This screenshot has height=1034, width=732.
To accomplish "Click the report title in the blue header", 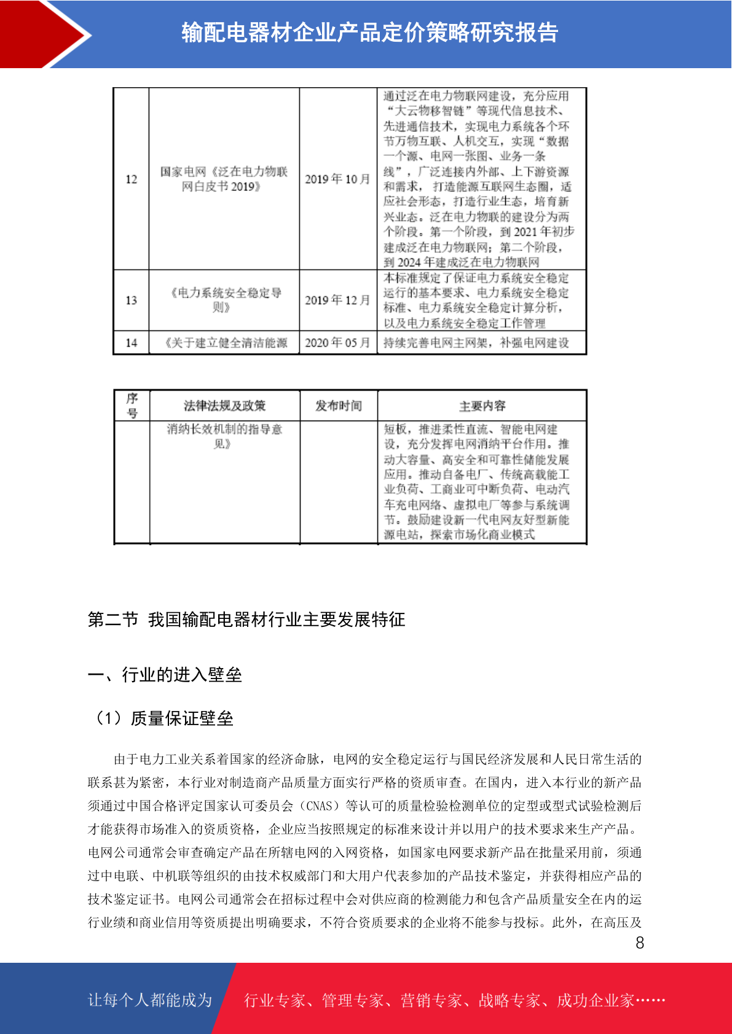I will coord(369,33).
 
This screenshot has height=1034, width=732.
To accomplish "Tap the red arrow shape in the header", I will coord(43,34).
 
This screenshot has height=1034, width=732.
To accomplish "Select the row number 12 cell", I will coord(131,179).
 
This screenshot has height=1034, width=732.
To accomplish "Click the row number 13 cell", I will coord(131,300).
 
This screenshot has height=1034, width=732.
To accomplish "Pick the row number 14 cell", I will coord(131,343).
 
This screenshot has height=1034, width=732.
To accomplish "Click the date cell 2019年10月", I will coord(337,179).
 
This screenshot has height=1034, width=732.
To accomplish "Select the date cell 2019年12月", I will coord(337,300).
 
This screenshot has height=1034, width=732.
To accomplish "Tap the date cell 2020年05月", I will coord(337,343).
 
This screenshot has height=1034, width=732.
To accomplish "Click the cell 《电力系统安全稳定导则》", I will coord(224,300).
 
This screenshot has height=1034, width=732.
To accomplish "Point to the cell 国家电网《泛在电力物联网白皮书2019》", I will coord(224,179).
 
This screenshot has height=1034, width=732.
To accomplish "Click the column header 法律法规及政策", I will coord(224,406).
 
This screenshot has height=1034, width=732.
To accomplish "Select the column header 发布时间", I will coord(338,406).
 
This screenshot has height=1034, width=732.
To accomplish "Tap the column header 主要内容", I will coord(482,406).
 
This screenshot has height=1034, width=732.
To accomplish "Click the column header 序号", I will coord(132,406).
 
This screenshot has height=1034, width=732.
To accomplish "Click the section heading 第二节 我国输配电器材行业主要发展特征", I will coord(246,620).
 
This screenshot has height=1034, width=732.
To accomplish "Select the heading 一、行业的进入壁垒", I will coord(165,675).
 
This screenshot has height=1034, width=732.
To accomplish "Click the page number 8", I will coord(640,943).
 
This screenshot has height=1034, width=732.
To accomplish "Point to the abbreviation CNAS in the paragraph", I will coord(319,806).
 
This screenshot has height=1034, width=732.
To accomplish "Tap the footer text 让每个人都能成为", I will coord(150,1000).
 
